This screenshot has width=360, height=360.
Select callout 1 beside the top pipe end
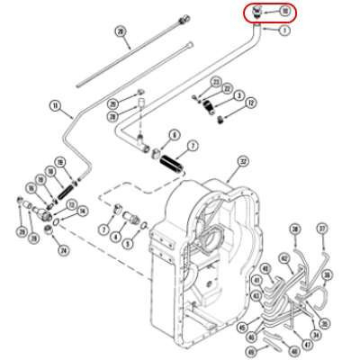click(x=285, y=30)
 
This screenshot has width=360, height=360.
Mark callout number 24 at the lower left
click(x=60, y=250)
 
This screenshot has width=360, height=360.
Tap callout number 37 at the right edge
click(x=322, y=229)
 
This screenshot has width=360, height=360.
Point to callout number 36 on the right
click(x=327, y=274)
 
